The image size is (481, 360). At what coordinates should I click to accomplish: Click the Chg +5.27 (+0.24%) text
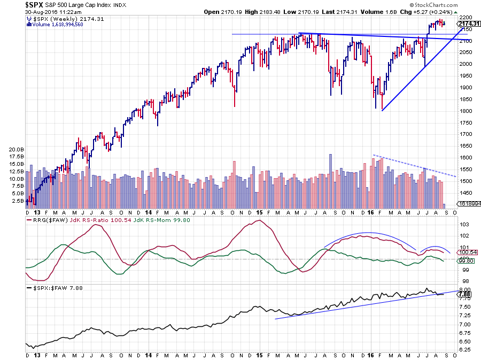coord(433,11)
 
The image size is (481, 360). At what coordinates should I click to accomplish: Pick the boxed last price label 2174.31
coord(469,24)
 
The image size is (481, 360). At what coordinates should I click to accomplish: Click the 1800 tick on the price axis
coord(465,111)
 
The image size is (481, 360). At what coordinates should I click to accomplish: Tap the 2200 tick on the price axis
coord(465,17)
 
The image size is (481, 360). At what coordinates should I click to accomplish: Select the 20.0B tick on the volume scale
coord(16,149)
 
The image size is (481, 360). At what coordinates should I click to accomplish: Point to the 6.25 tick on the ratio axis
coord(464,350)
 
